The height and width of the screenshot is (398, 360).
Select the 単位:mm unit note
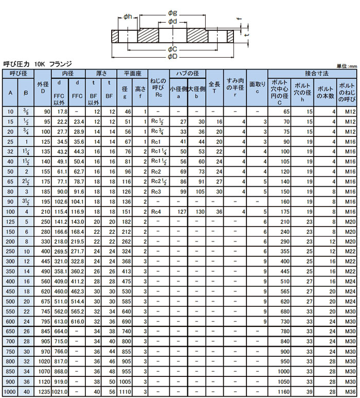[x=347, y=66]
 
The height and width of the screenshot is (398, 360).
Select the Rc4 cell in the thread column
[x=157, y=211]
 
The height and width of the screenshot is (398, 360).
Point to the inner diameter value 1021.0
[x=60, y=392]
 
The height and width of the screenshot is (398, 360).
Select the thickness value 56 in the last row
[x=110, y=392]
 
